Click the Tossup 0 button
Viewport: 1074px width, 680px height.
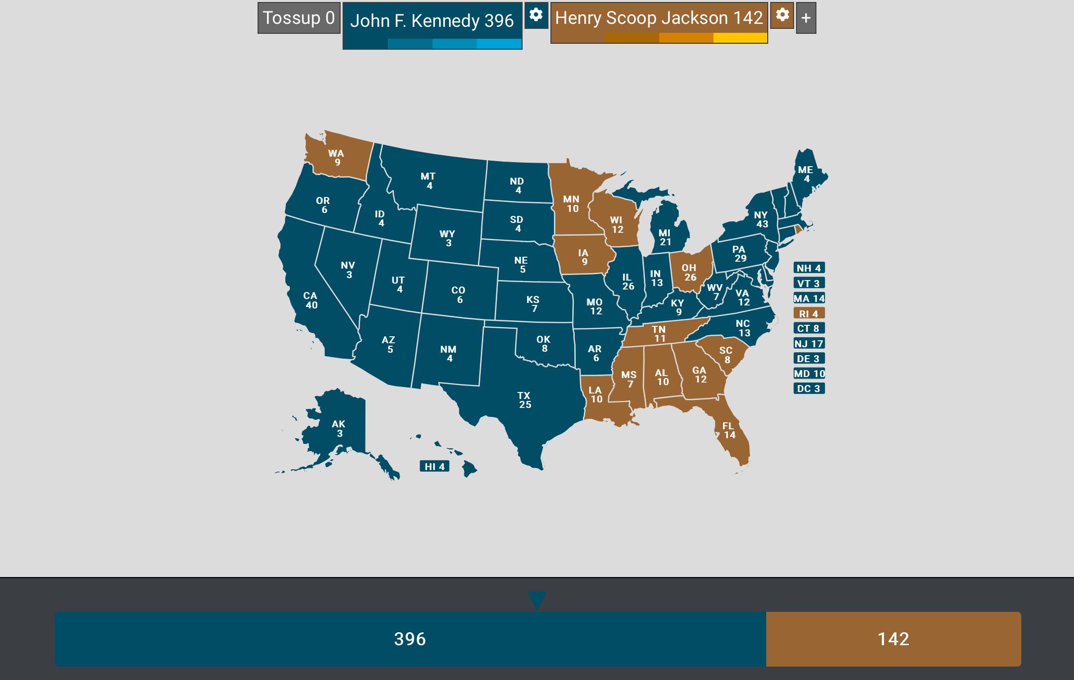pos(299,18)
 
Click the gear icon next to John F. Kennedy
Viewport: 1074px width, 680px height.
pos(536,15)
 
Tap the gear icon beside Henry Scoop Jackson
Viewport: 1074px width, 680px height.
pos(782,15)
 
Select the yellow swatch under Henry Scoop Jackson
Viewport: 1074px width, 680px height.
pos(740,38)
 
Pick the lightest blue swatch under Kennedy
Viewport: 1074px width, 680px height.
pos(499,44)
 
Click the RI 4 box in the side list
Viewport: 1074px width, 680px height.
pos(809,313)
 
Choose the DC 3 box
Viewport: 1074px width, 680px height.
pos(809,389)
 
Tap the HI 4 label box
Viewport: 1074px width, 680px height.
pos(435,467)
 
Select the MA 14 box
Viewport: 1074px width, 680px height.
pos(809,298)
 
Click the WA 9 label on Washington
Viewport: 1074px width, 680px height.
pos(337,158)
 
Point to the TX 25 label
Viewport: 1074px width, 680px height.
pos(525,400)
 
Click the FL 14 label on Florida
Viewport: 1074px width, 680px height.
pos(728,430)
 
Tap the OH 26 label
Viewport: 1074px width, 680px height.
pos(689,272)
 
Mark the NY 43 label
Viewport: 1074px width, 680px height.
pos(761,219)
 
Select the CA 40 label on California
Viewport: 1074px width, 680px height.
pos(311,300)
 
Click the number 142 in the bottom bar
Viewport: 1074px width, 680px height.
pos(893,639)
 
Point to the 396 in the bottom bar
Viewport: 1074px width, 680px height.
pos(410,639)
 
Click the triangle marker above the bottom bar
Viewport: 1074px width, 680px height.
pos(537,600)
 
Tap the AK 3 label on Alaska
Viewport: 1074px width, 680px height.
pos(339,428)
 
